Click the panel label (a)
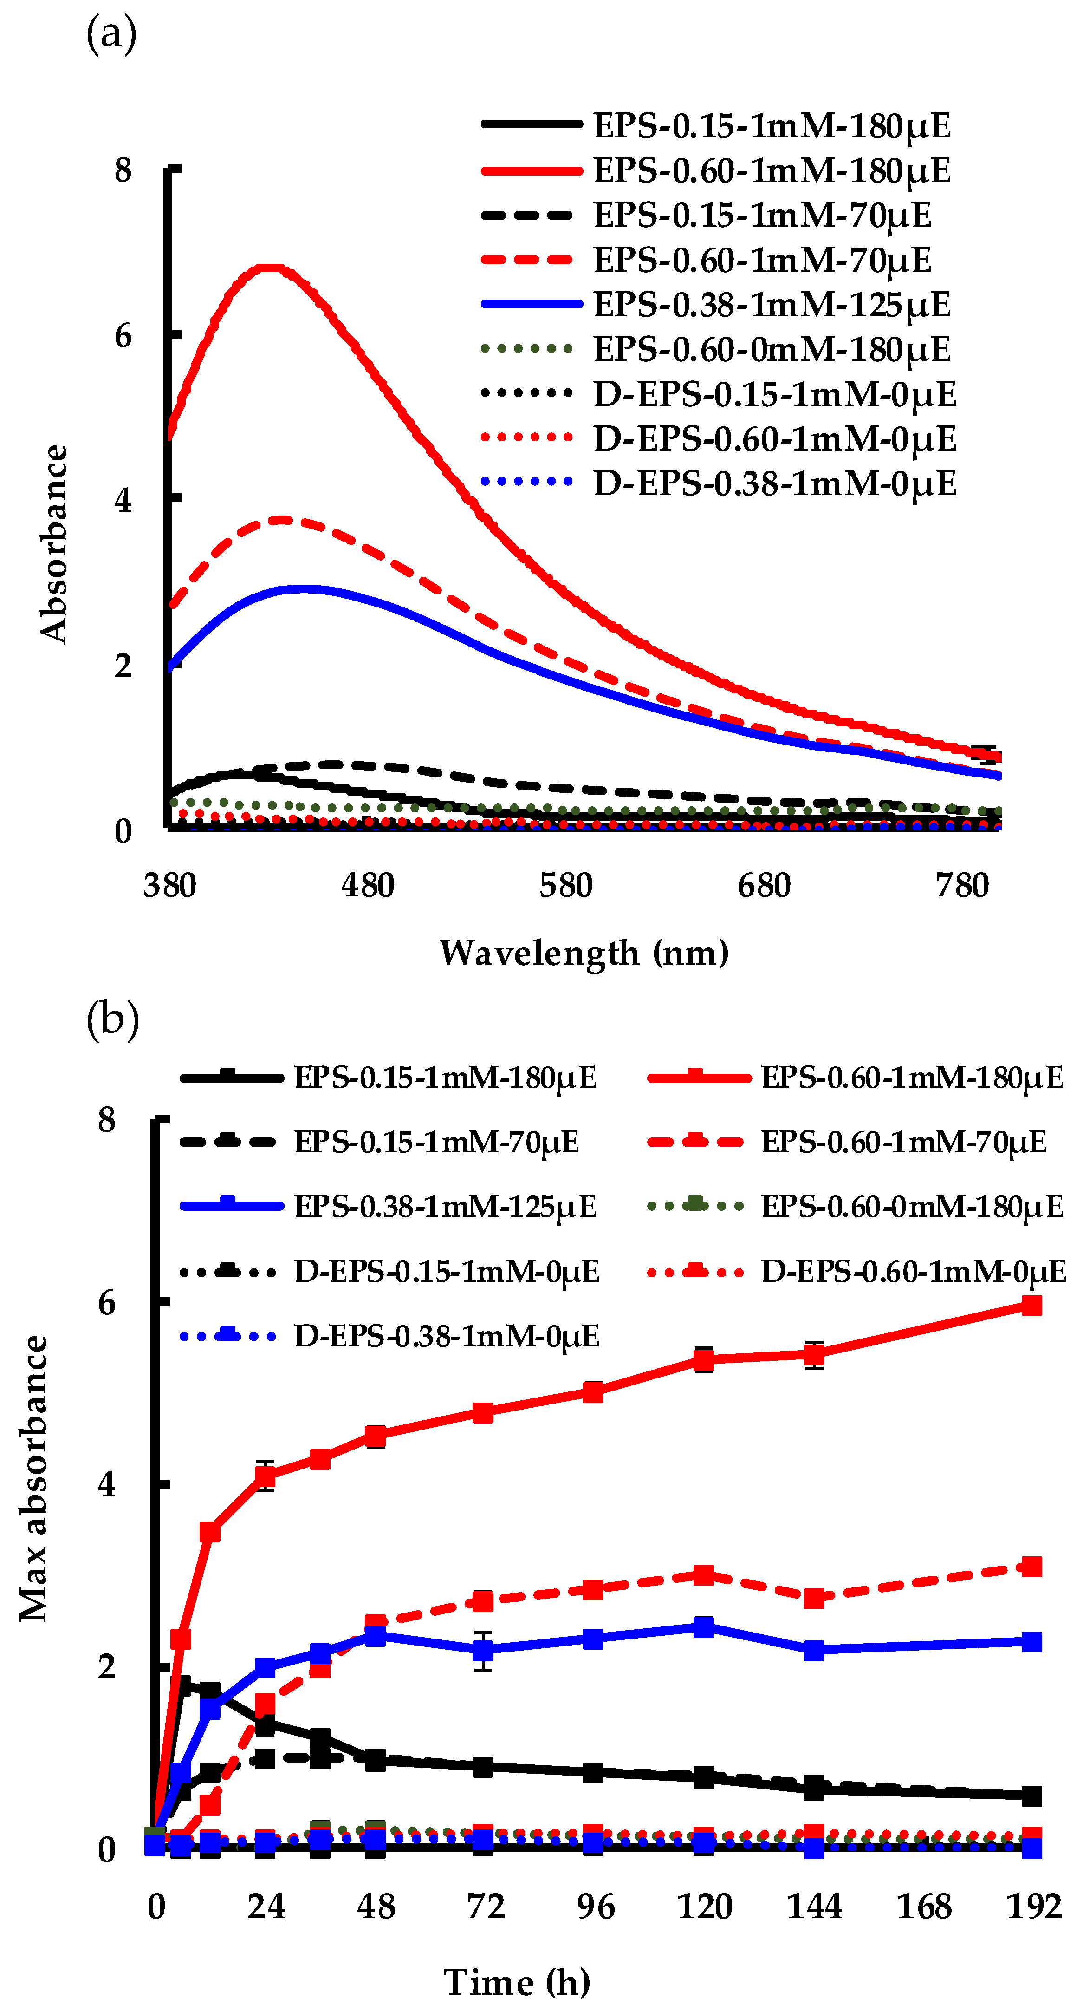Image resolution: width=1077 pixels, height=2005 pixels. [111, 35]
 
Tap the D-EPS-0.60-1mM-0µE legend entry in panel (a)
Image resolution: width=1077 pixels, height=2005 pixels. [774, 439]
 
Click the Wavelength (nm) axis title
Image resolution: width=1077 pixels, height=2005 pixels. [584, 953]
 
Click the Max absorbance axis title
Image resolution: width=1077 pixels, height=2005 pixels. [34, 1479]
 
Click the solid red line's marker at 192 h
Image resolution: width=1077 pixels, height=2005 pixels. [1031, 1305]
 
